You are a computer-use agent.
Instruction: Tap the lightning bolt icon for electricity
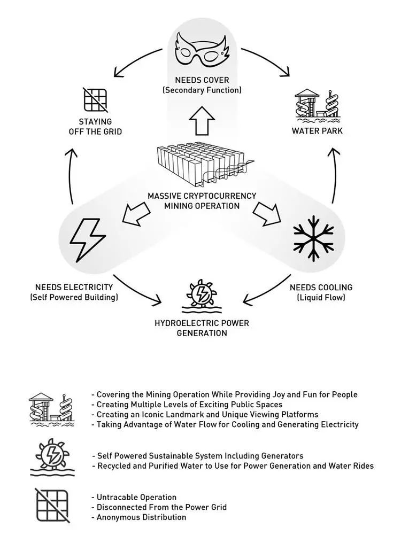88,240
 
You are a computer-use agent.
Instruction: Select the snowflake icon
313,238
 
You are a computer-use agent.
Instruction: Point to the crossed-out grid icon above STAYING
95,100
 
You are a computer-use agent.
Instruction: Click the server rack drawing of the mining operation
205,164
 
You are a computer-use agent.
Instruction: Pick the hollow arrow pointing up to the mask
202,121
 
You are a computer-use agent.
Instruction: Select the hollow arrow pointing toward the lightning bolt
136,213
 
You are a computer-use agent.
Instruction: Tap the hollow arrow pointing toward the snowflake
267,213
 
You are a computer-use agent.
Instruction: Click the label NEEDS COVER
202,80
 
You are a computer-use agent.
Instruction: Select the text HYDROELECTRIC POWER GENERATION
202,328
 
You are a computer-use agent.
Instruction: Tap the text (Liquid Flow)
321,298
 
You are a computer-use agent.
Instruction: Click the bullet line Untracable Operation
134,497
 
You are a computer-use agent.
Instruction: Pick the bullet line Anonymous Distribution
139,517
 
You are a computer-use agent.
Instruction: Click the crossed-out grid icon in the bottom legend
52,506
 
